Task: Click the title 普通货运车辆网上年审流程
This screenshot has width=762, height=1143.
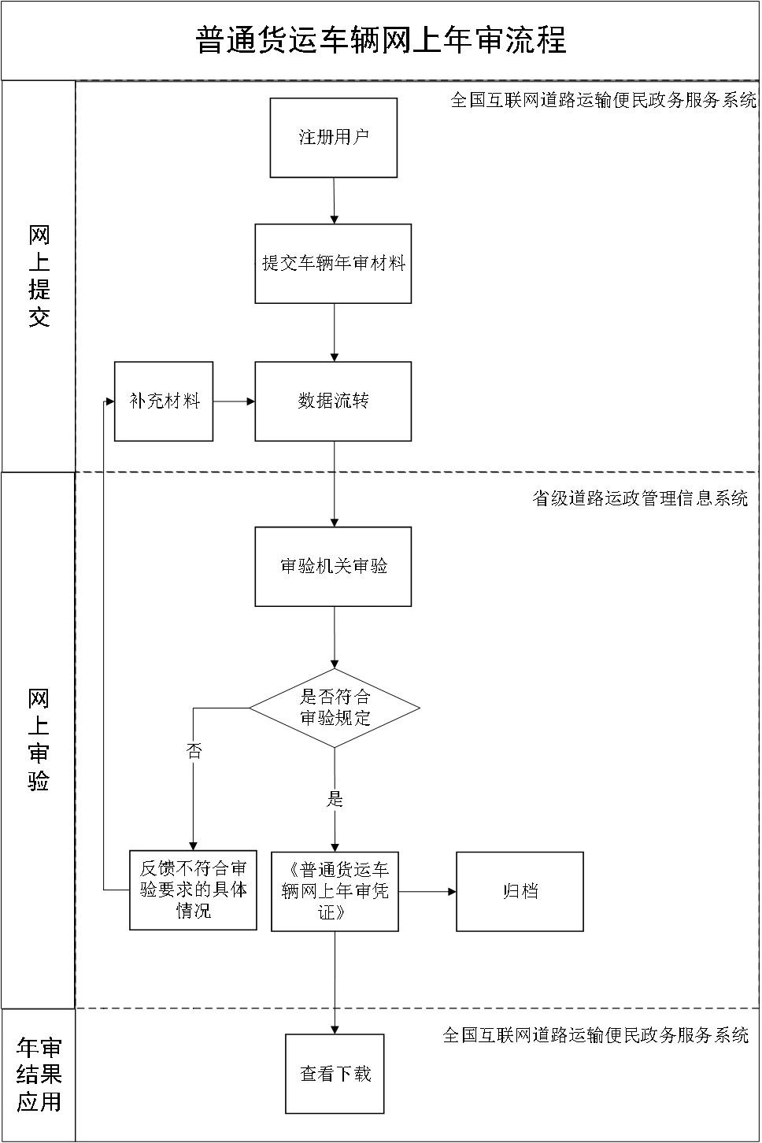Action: tap(380, 40)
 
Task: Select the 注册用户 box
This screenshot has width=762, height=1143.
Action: tap(333, 138)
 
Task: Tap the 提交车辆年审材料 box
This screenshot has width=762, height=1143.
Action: tap(333, 264)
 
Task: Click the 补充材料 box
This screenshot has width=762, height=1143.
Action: tap(164, 401)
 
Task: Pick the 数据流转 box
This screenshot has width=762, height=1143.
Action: tap(333, 401)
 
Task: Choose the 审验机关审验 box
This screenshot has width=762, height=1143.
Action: tap(333, 567)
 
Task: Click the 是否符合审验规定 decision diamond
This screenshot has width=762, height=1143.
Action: tap(335, 708)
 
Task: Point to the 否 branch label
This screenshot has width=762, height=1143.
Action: tap(194, 751)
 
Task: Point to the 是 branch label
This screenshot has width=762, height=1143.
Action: tap(335, 800)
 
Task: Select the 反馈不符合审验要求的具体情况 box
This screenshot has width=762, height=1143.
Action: tap(193, 890)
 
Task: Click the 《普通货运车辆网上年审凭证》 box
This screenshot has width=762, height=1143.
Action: tap(335, 891)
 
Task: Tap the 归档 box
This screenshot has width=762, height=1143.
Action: tap(520, 891)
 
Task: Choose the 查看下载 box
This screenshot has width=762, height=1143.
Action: tap(335, 1074)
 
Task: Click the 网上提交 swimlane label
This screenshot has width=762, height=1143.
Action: tap(39, 276)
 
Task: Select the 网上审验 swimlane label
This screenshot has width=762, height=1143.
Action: tap(39, 740)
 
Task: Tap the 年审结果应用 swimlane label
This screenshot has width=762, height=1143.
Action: tap(39, 1075)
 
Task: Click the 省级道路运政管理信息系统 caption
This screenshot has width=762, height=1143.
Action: tap(640, 498)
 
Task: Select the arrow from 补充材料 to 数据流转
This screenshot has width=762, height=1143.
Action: tap(234, 401)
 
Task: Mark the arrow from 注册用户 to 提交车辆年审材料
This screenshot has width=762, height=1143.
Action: tap(334, 201)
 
